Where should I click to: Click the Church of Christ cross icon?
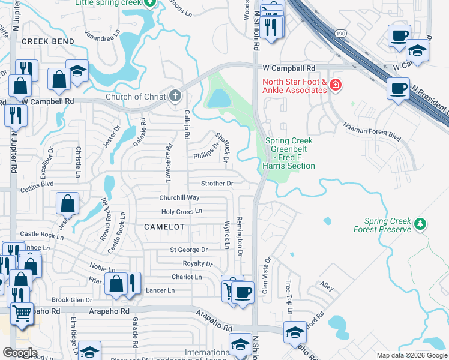(x=175, y=96)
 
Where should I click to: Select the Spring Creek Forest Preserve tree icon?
(x=421, y=224)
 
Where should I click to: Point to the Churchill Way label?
(x=179, y=197)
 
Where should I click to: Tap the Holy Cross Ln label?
(x=182, y=211)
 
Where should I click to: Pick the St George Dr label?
(x=188, y=250)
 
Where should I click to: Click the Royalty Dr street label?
(x=197, y=263)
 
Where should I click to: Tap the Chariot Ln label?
(x=187, y=277)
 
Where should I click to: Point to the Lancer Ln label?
(x=159, y=290)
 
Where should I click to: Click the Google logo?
(x=20, y=353)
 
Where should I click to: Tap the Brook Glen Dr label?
(x=72, y=300)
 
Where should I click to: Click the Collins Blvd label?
(x=38, y=185)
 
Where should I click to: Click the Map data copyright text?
(x=411, y=355)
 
